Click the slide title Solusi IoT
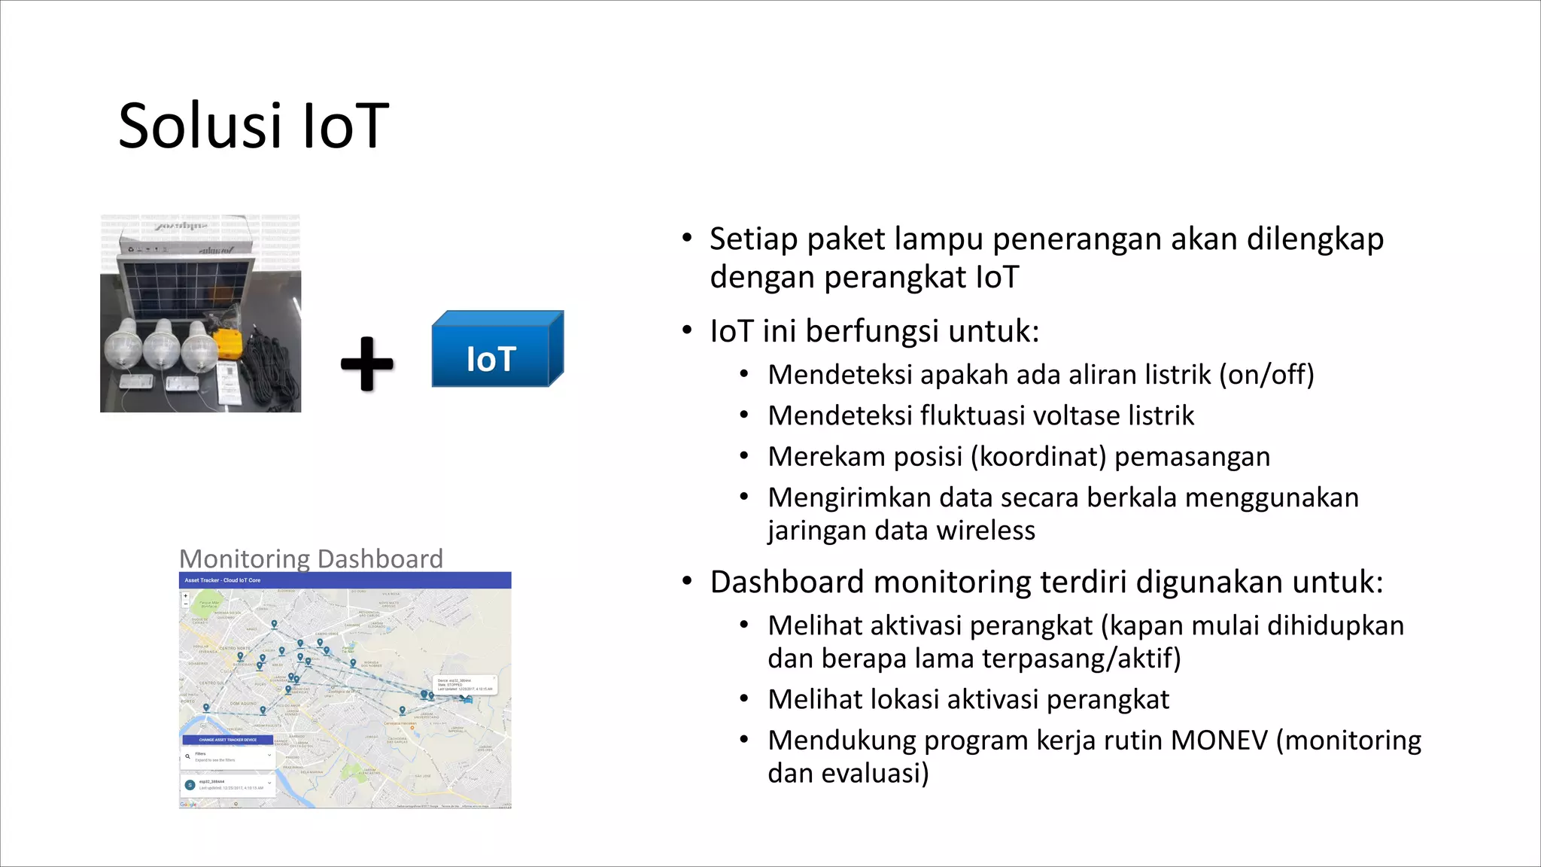pyautogui.click(x=254, y=126)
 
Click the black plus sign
pyautogui.click(x=367, y=364)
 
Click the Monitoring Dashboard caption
pyautogui.click(x=311, y=558)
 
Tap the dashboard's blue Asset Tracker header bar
pyautogui.click(x=345, y=580)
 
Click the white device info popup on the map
pyautogui.click(x=465, y=684)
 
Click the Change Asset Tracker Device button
pyautogui.click(x=227, y=740)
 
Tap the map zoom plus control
pyautogui.click(x=186, y=596)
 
